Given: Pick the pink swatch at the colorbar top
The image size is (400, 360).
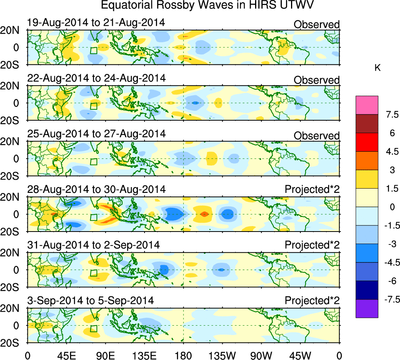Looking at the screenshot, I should [x=367, y=105].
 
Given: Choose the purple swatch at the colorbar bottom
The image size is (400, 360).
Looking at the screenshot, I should [x=367, y=308].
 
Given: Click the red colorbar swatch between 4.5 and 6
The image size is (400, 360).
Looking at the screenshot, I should [x=367, y=142].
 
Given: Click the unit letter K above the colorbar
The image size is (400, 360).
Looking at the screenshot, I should [x=378, y=68].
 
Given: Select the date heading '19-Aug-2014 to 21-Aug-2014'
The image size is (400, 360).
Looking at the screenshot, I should [x=96, y=23].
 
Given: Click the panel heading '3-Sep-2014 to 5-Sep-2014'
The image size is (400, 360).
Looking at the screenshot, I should [x=90, y=301].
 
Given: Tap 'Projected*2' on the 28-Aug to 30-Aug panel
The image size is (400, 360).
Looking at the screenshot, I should [x=312, y=189].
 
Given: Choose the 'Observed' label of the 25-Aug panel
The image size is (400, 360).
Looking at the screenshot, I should [x=316, y=136].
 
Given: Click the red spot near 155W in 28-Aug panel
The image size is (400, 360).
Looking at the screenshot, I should [x=204, y=214].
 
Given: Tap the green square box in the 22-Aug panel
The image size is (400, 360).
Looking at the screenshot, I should [x=93, y=106].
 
